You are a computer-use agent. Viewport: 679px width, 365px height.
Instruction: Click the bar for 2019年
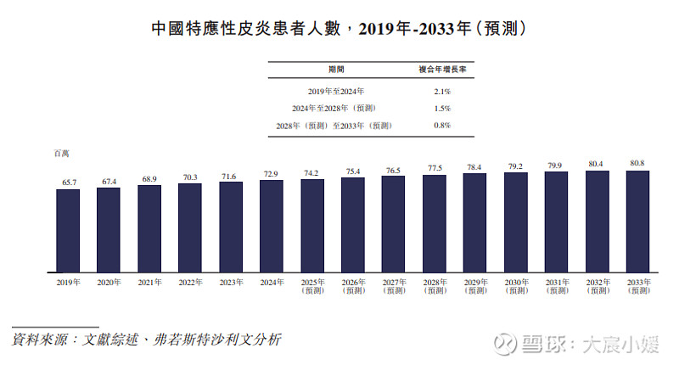[x=68, y=230]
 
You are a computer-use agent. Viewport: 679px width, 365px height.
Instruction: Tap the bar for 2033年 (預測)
[x=637, y=222]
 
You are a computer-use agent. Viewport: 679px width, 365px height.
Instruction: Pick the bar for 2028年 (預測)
[x=434, y=223]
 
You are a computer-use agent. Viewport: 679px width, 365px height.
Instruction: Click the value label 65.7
[x=68, y=182]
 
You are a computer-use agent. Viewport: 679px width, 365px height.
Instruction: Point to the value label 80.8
[x=637, y=163]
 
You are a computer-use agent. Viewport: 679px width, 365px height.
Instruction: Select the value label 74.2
[x=311, y=172]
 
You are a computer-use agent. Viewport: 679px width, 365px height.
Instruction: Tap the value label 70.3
[x=190, y=177]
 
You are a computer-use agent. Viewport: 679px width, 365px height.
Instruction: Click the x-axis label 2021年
[x=149, y=282]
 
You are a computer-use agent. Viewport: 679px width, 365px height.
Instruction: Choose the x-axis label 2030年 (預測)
[x=516, y=286]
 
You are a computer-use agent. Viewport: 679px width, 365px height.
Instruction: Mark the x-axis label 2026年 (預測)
[x=353, y=286]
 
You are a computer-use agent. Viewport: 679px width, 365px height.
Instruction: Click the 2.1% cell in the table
[x=441, y=90]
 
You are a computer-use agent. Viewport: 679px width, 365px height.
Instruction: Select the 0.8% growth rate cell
[x=441, y=126]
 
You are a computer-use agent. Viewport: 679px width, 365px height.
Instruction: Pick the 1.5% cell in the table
[x=441, y=108]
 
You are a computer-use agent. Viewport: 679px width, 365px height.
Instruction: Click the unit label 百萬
[x=61, y=154]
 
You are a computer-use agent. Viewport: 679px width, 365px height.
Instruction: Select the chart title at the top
[x=339, y=29]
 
